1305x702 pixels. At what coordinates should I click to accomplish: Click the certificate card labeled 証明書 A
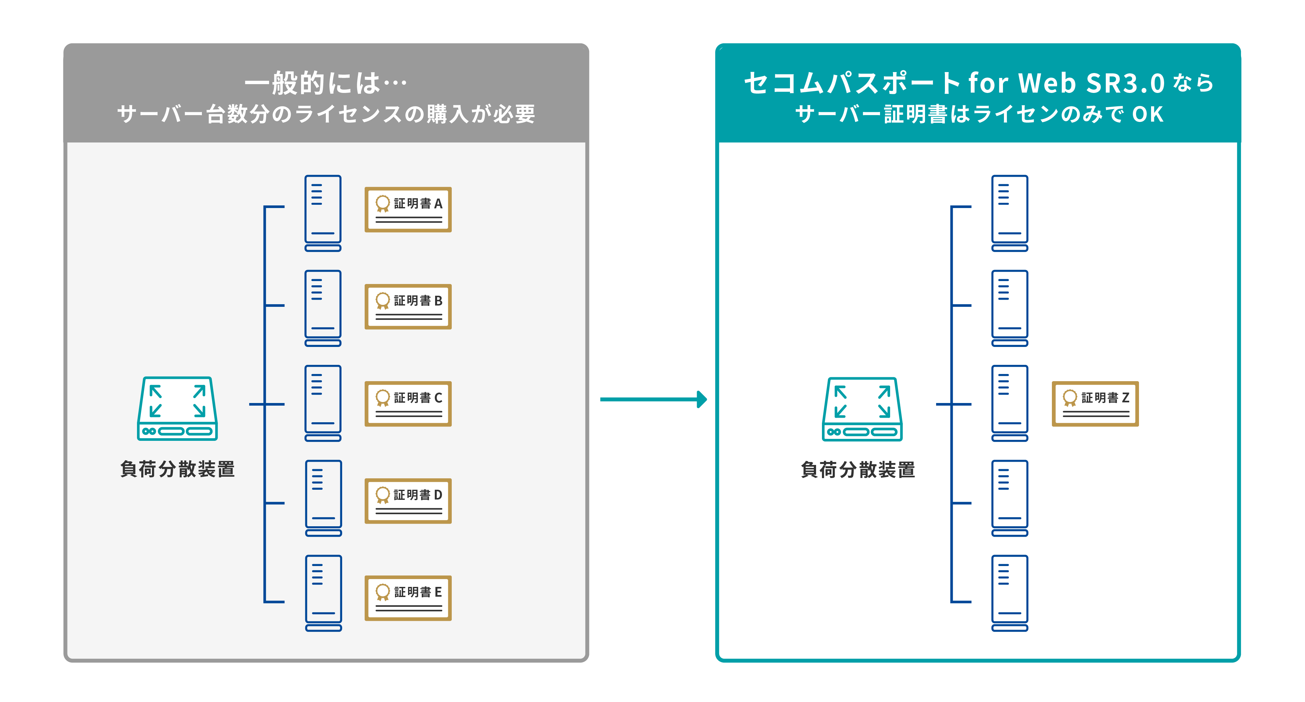408,210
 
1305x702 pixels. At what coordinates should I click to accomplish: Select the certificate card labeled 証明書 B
408,306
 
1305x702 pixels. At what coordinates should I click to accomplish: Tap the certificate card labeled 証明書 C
408,404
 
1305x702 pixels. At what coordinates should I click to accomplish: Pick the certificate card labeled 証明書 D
408,501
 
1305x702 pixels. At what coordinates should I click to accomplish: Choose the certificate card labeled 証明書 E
408,598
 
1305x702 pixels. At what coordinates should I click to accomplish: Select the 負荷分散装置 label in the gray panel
177,469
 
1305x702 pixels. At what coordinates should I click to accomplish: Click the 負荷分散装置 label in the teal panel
858,470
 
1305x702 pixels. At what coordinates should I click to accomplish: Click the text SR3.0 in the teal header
1125,83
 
